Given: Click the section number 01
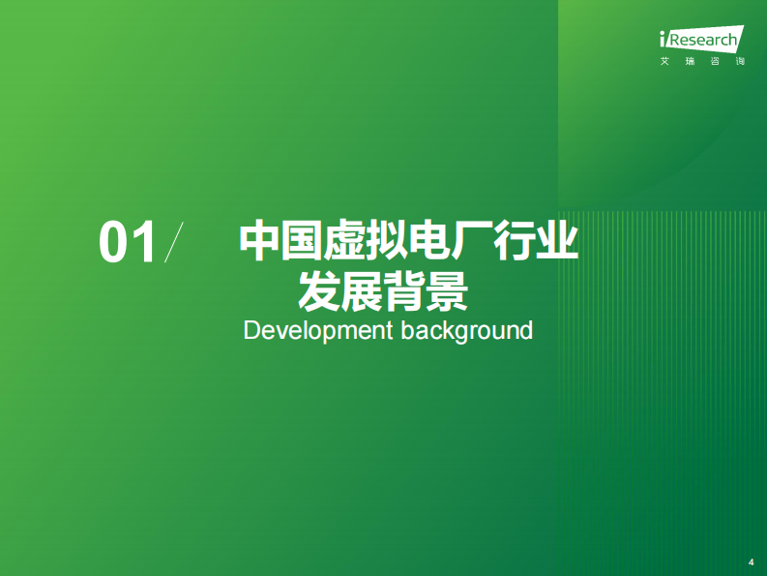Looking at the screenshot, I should pos(127,242).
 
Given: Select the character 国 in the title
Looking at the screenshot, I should pos(303,240).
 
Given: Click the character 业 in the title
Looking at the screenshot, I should pos(558,240).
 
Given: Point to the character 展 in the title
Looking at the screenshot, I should pos(363,289).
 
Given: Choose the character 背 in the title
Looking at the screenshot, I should pos(405,289).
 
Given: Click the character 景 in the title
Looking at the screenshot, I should pos(448,289).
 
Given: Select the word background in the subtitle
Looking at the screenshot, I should pos(467,331).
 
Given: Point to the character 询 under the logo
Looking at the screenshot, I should pos(740,62).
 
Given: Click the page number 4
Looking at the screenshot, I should pos(752,561).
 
